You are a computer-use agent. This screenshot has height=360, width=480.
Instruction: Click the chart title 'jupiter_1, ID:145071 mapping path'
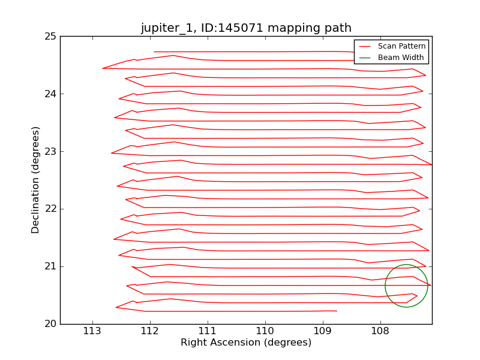pyautogui.click(x=246, y=28)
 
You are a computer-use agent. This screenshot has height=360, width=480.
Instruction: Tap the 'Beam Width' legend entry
pyautogui.click(x=400, y=58)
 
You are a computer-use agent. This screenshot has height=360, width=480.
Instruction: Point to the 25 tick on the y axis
pyautogui.click(x=50, y=37)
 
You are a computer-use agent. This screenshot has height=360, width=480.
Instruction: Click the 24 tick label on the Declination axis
pyautogui.click(x=50, y=94)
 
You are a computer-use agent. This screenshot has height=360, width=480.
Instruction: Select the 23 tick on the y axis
pyautogui.click(x=50, y=152)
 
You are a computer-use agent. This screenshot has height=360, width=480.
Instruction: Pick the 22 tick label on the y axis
pyautogui.click(x=50, y=209)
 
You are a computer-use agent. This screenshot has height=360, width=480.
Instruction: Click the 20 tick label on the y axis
pyautogui.click(x=50, y=324)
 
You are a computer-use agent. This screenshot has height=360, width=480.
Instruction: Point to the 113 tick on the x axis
pyautogui.click(x=92, y=331)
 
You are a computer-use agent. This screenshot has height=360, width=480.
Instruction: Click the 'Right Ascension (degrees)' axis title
pyautogui.click(x=246, y=343)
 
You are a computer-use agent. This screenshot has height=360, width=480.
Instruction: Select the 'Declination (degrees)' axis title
pyautogui.click(x=36, y=180)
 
